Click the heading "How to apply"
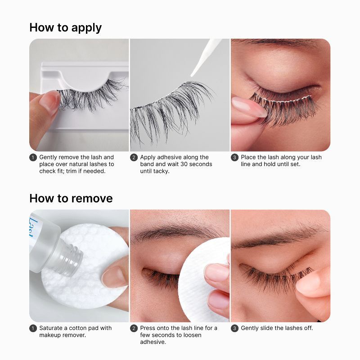click(x=65, y=27)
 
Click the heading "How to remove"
click(x=71, y=198)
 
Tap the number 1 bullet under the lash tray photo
click(x=33, y=157)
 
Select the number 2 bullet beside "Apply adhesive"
click(x=134, y=157)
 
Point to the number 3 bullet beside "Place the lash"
click(x=234, y=157)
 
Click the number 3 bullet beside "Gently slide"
click(x=234, y=328)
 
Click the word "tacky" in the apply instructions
click(x=160, y=171)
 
